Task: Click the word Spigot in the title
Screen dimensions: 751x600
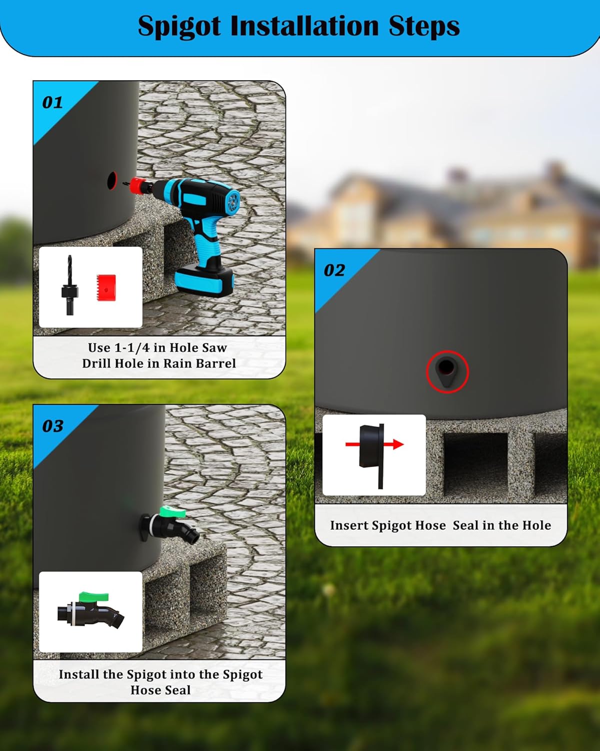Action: pyautogui.click(x=178, y=27)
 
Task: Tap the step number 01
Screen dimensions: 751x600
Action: pyautogui.click(x=52, y=103)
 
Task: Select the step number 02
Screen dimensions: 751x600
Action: pyautogui.click(x=334, y=271)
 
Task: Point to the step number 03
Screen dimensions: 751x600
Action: pyautogui.click(x=52, y=426)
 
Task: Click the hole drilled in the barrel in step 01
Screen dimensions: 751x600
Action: pyautogui.click(x=112, y=181)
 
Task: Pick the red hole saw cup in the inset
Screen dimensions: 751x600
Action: pyautogui.click(x=106, y=288)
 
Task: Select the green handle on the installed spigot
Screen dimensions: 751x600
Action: pyautogui.click(x=173, y=512)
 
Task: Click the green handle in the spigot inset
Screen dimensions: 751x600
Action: pyautogui.click(x=93, y=596)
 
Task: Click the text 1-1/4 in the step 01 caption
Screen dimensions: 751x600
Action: pyautogui.click(x=132, y=348)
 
